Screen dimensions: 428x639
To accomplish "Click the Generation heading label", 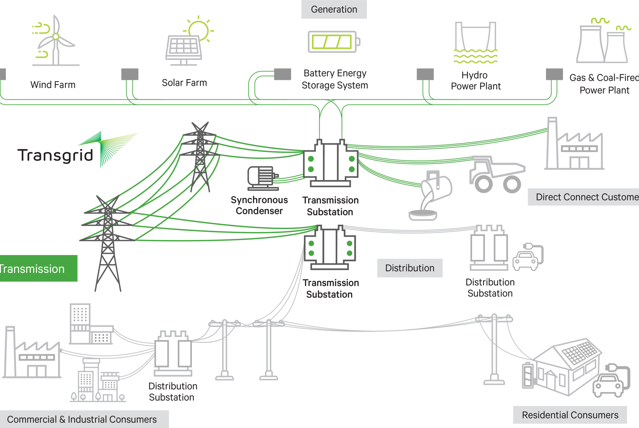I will coord(334,9).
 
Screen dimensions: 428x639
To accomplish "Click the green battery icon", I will coord(333,42).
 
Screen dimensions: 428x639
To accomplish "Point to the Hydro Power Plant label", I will coord(476,81).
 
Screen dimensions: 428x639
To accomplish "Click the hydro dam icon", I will coord(476,42).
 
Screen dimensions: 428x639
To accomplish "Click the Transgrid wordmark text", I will coord(56,155).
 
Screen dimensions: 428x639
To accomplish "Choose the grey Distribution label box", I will coord(410,268).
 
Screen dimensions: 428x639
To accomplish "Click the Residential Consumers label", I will coord(570,415).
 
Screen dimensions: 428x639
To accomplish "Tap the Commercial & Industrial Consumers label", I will coord(82,419).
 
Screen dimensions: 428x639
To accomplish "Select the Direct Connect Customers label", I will coord(585,197).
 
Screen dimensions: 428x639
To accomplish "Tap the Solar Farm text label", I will coord(184,83).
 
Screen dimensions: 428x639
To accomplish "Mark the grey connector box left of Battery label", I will coord(282,74).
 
